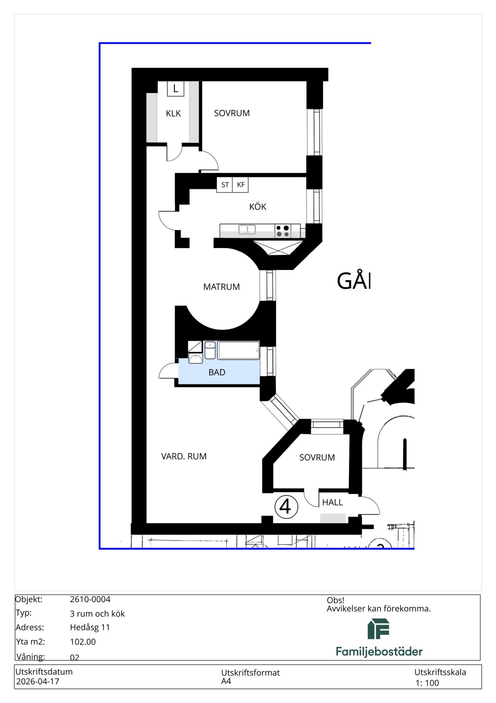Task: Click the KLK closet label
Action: point(173,114)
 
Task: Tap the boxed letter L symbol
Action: point(176,89)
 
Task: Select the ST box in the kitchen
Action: point(225,185)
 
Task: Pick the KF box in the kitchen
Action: point(240,185)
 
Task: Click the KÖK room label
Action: point(258,207)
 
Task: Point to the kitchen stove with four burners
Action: point(283,231)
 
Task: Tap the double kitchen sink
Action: point(247,230)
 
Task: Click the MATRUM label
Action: point(221,287)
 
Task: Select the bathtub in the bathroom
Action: point(238,350)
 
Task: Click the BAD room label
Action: point(217,373)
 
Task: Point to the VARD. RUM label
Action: point(184,457)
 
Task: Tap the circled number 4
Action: point(286,507)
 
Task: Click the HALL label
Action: point(332,503)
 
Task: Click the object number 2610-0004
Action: point(90,599)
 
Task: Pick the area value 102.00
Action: point(83,642)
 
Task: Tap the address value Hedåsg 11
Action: point(90,627)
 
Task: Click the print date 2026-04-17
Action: point(38,682)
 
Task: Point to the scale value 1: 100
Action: point(427,683)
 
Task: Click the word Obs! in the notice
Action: point(336,600)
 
